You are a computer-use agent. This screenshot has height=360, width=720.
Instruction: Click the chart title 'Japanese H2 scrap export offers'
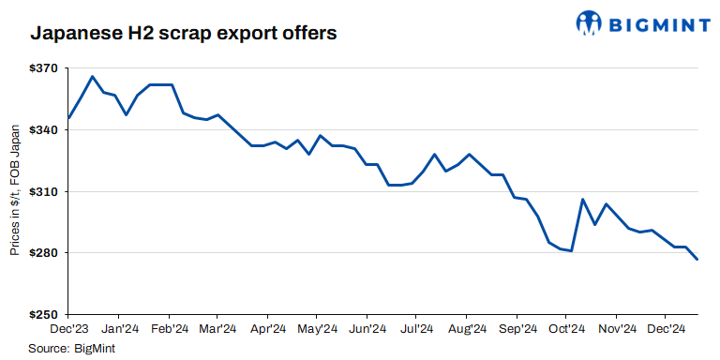183,33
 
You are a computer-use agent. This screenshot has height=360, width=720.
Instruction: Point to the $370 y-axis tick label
44,69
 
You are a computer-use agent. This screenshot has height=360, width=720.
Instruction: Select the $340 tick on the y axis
44,130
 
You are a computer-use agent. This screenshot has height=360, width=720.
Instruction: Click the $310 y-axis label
44,192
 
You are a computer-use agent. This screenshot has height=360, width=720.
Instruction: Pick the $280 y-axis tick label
44,253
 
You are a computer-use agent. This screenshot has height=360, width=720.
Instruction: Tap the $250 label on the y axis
44,314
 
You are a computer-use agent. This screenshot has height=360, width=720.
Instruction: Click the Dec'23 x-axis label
70,329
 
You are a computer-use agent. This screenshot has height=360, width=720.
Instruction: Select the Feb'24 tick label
169,329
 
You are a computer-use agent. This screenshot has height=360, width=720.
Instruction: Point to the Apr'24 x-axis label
267,329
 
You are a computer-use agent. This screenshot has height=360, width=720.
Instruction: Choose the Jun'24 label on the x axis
367,329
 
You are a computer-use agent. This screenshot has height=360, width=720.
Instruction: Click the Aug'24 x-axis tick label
466,329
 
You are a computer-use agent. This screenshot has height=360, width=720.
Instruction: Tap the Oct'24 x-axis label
565,329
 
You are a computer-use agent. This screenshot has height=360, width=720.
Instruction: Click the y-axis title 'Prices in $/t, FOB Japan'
15,192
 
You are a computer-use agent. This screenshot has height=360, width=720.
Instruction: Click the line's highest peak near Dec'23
92,76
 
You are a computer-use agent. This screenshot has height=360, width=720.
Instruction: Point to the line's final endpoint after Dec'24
697,259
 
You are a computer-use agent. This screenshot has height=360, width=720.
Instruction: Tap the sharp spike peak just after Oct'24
582,199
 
